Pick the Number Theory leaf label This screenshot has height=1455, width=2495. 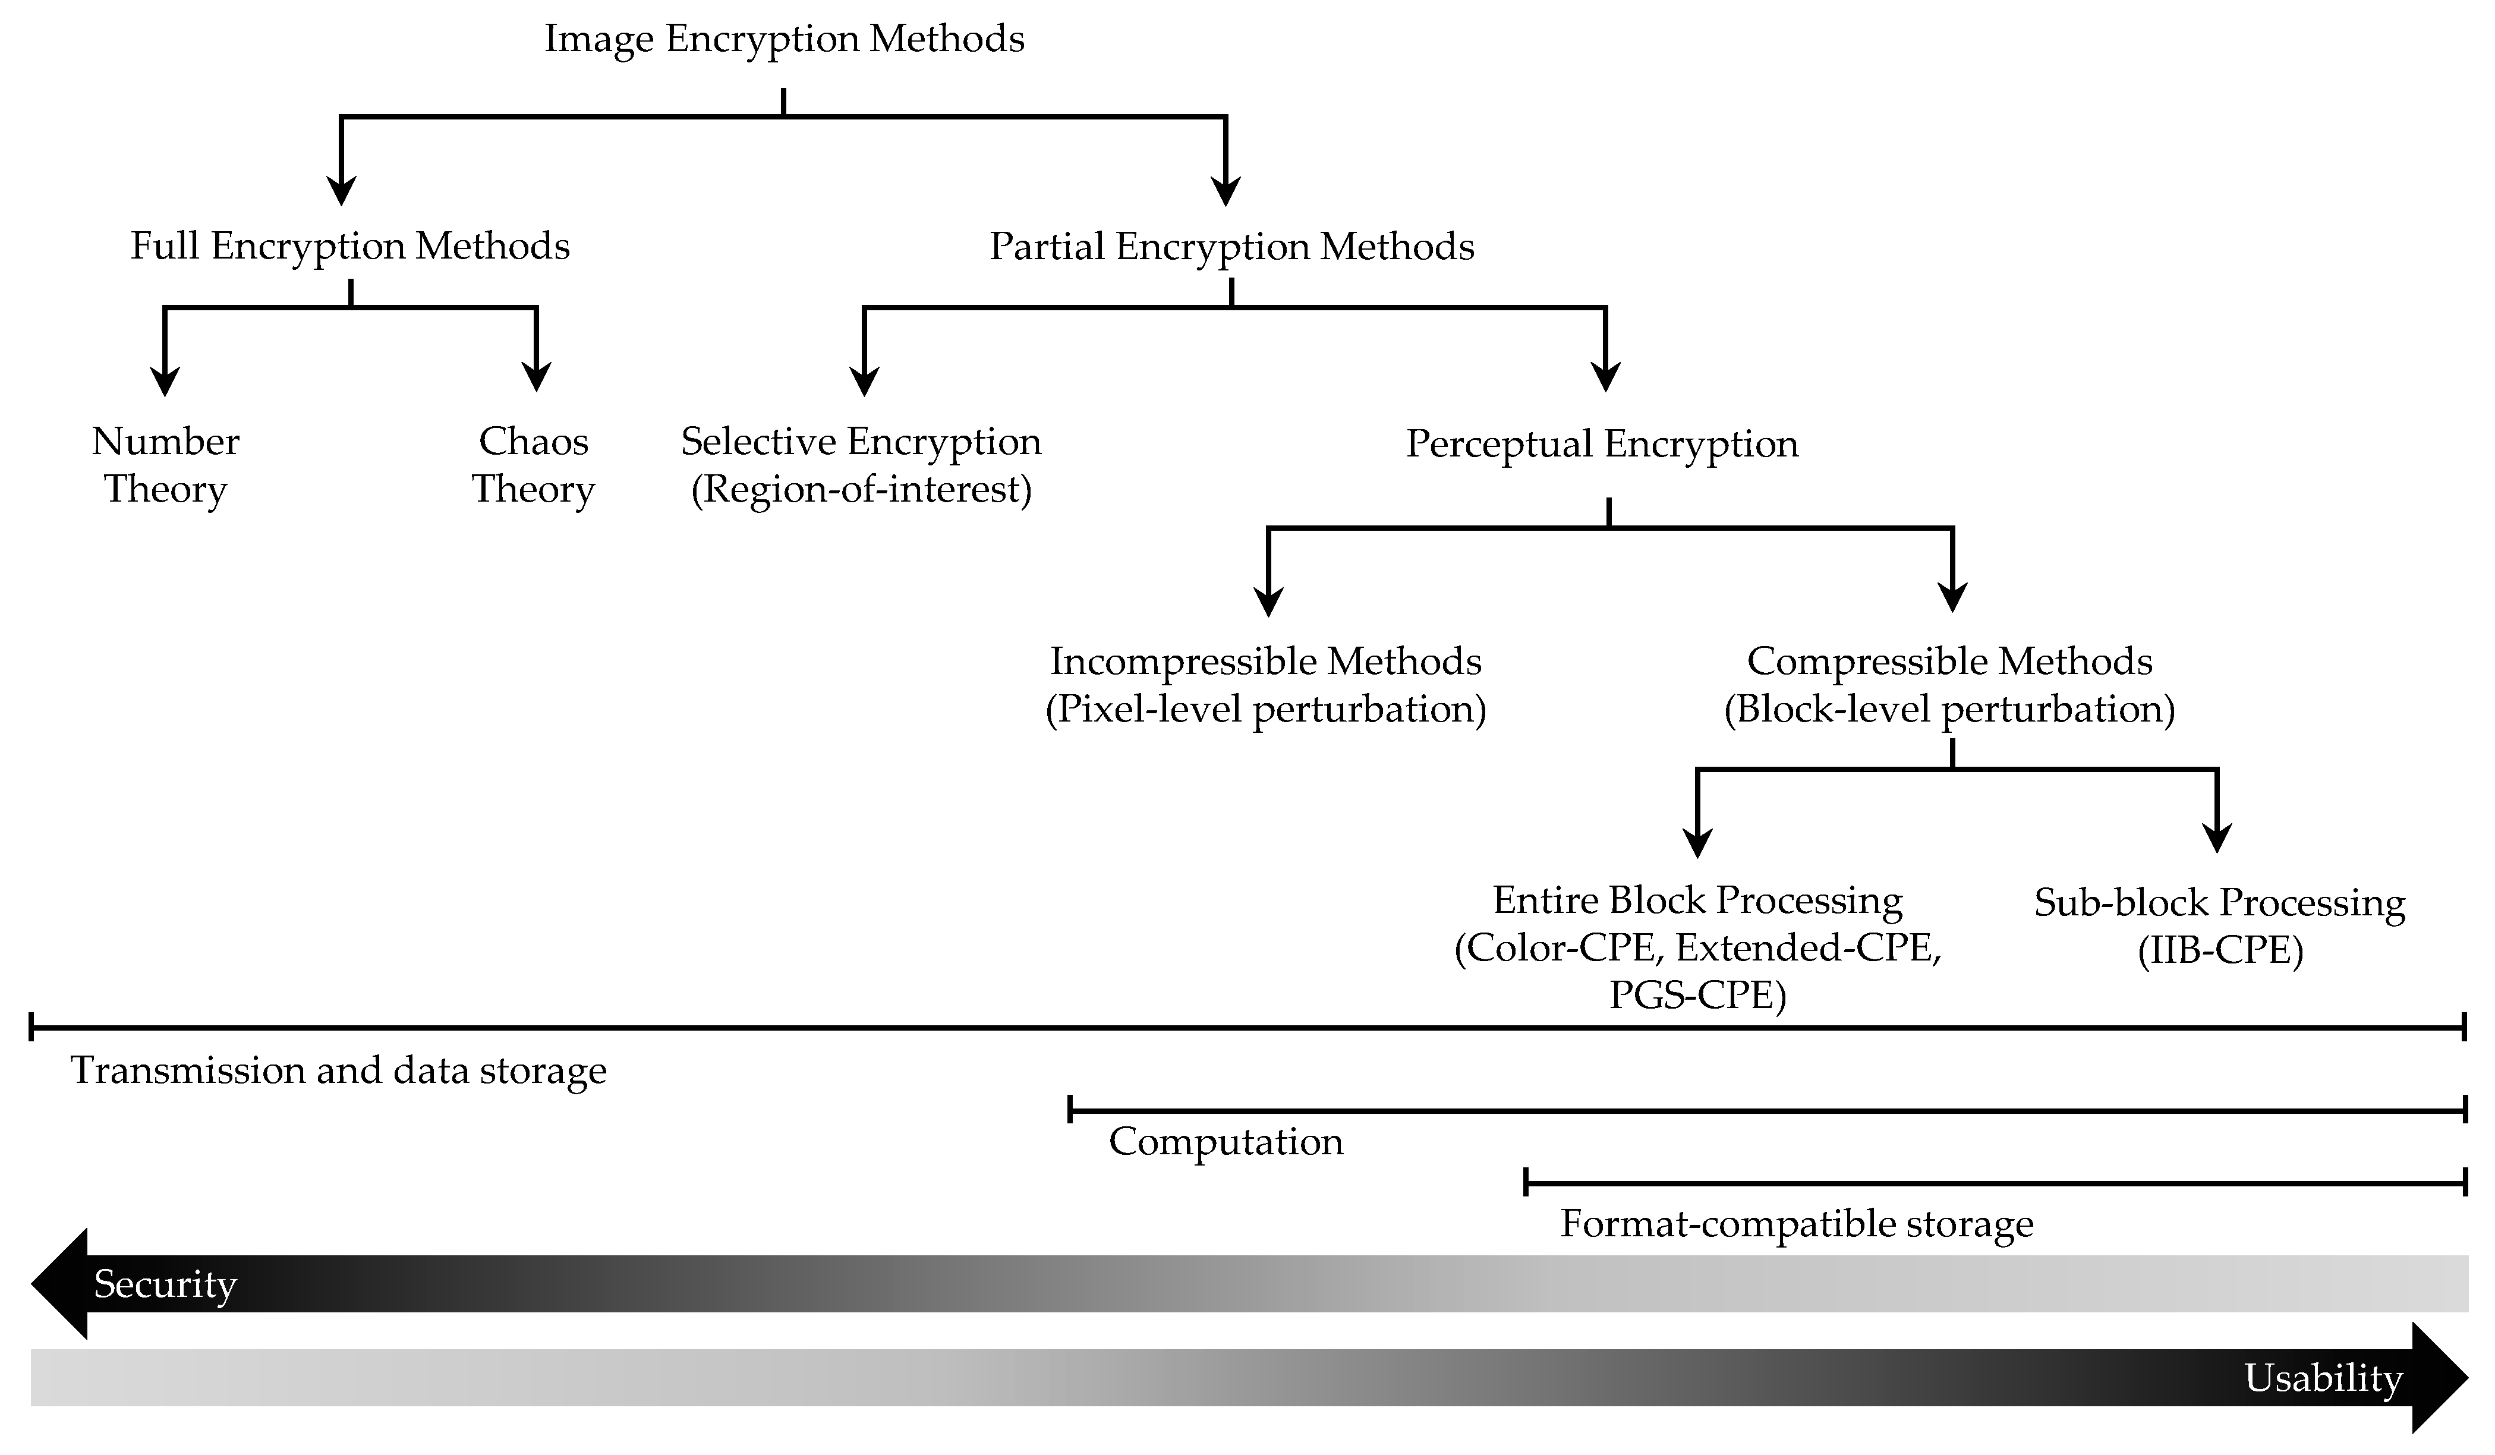[x=165, y=465]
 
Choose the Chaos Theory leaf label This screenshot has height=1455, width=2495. [x=534, y=465]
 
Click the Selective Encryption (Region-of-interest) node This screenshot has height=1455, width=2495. [x=861, y=465]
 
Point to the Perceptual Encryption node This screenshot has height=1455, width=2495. [x=1602, y=444]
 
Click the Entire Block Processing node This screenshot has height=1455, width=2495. [x=1697, y=901]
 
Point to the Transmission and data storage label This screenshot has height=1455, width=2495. [x=339, y=1070]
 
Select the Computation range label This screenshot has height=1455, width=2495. [x=1226, y=1142]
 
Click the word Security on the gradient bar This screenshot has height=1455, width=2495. [x=165, y=1284]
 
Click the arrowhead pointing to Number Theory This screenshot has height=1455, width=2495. [x=165, y=382]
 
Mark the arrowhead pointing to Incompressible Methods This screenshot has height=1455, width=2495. [x=1268, y=602]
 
